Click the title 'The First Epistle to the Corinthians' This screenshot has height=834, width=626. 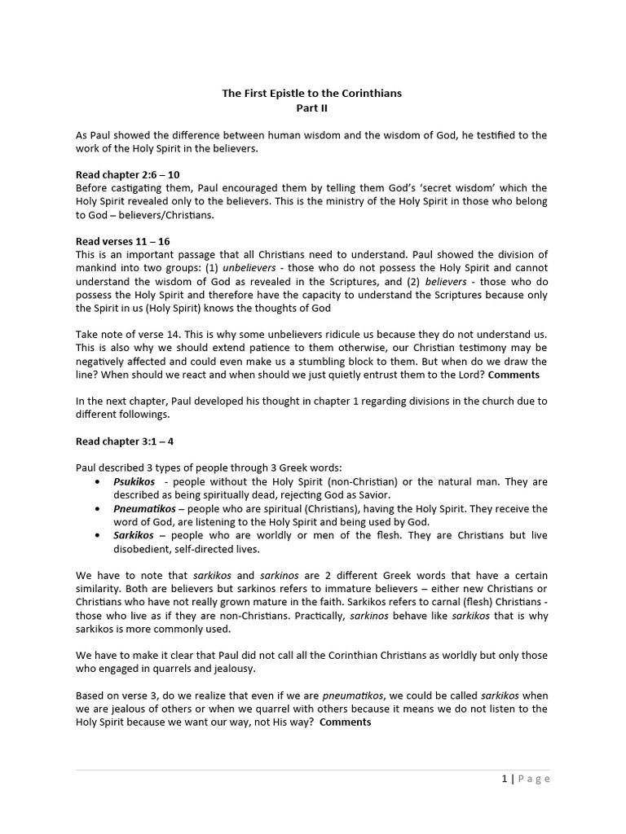click(x=312, y=94)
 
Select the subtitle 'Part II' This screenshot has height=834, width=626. click(x=312, y=108)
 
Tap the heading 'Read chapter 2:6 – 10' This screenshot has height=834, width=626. click(x=127, y=174)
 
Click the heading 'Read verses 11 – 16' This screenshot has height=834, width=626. click(x=123, y=241)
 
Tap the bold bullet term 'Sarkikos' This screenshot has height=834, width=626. click(x=134, y=535)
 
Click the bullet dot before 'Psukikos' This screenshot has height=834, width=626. click(x=98, y=482)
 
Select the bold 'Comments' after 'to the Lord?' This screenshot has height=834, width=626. click(x=514, y=375)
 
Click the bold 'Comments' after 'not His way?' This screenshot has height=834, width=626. click(x=346, y=722)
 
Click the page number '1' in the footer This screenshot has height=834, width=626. click(x=505, y=779)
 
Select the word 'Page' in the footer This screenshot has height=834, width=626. click(x=535, y=779)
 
